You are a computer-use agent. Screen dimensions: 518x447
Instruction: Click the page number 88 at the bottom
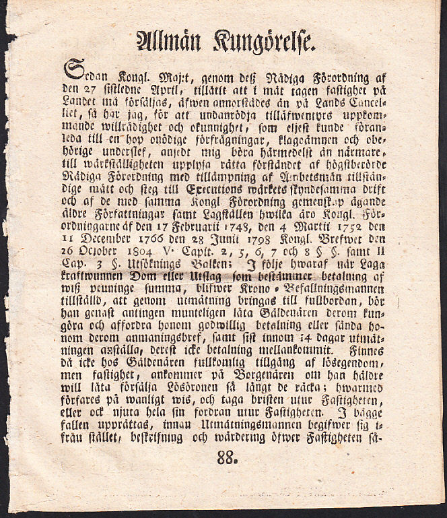point(228,459)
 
